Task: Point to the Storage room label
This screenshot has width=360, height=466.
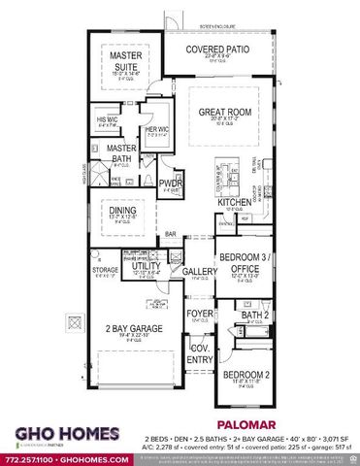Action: (105, 270)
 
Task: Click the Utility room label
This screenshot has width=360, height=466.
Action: (147, 264)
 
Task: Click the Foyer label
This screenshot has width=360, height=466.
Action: (199, 314)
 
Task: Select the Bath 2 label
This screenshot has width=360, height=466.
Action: (255, 316)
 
